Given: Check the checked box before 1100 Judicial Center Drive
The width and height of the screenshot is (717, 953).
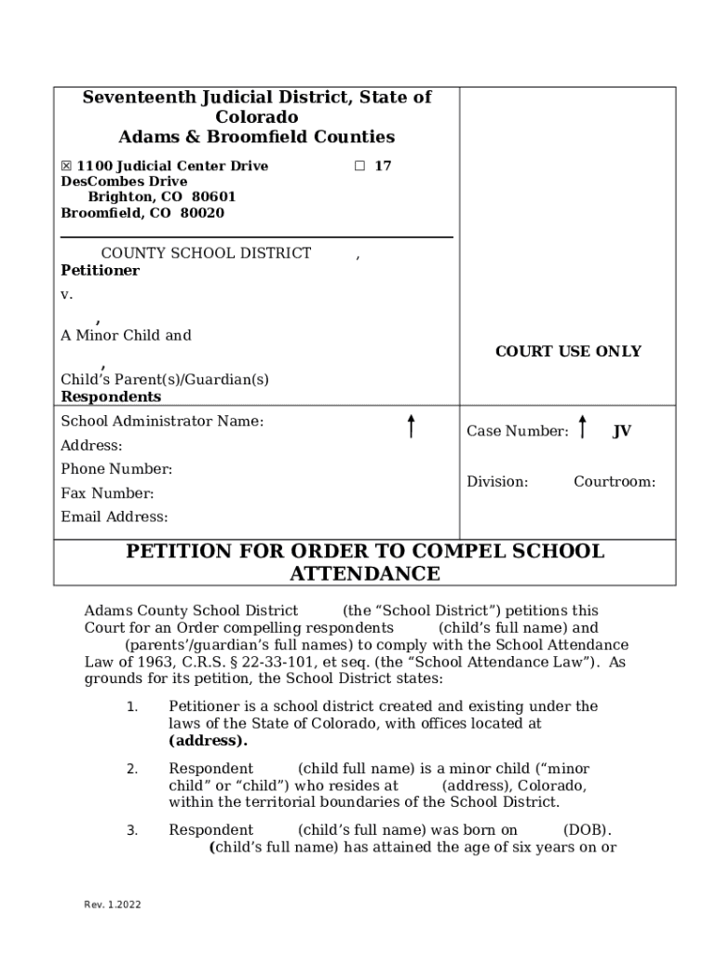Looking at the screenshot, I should tap(66, 167).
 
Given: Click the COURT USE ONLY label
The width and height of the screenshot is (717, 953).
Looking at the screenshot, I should tap(568, 352).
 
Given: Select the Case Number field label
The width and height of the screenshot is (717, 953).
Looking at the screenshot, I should tap(517, 432).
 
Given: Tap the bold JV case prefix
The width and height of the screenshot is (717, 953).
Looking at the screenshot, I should tap(621, 432).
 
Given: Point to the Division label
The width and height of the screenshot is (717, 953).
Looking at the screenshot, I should tap(497, 482).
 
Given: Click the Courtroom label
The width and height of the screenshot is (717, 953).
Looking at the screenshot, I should tap(614, 482).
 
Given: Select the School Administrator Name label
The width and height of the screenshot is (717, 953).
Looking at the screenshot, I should tap(162, 422).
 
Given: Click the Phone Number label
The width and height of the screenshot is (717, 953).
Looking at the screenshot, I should tap(116, 470).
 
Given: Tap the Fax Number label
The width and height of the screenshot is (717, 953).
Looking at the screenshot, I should tap(107, 494).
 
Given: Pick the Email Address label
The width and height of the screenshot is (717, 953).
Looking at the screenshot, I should tap(115, 517).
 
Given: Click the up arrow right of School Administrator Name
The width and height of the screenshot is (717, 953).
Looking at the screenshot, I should tap(411, 426).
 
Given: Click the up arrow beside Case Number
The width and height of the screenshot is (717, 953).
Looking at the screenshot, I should tap(583, 427).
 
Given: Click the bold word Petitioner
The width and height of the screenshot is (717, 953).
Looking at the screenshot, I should tap(100, 271).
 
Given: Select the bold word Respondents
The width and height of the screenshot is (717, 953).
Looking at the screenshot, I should tap(111, 397).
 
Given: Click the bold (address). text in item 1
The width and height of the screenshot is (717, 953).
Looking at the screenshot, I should tap(208, 741).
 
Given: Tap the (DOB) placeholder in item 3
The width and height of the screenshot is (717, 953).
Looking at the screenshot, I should tap(587, 830).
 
